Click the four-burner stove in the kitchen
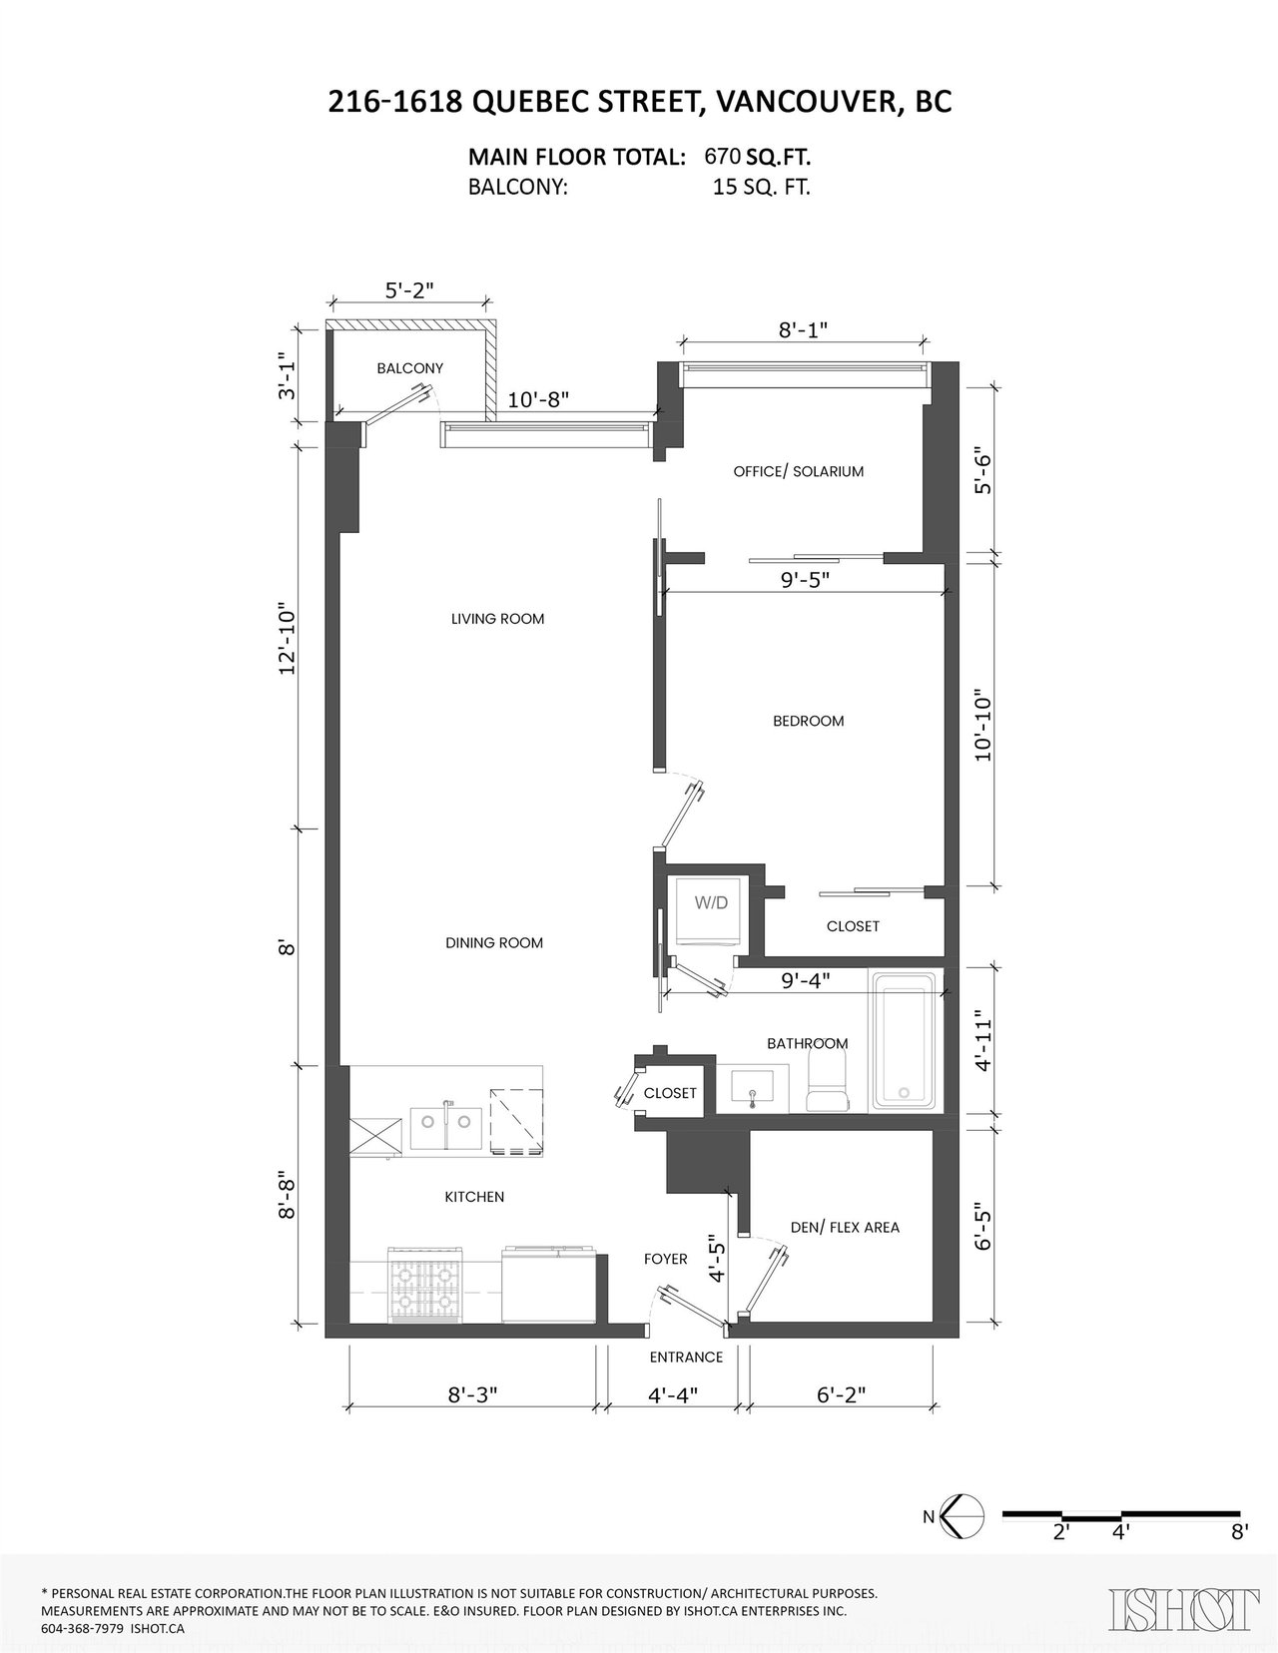[x=425, y=1285]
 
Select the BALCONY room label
[x=410, y=368]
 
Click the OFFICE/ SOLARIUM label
[x=798, y=471]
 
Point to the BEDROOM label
[x=808, y=721]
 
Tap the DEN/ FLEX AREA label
[x=845, y=1227]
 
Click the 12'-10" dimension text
[x=286, y=639]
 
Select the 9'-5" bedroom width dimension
[x=805, y=579]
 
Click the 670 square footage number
[x=722, y=156]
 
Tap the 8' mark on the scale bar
[x=1239, y=1552]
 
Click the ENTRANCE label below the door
[x=686, y=1358]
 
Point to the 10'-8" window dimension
[x=538, y=399]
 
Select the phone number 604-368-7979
[x=82, y=1629]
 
